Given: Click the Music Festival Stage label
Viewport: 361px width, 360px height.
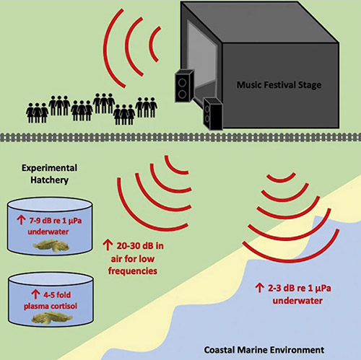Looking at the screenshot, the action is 279,85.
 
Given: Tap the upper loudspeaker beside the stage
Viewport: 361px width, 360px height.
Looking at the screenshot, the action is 184,85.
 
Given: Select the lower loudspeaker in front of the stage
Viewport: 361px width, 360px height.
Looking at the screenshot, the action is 212,113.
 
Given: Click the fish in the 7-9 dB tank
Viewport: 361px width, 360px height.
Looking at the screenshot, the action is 51,246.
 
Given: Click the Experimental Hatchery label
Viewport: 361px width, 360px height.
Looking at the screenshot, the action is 50,174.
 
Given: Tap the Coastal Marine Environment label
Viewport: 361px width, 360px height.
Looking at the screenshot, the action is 264,350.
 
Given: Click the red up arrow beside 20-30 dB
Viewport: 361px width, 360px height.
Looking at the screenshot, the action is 108,245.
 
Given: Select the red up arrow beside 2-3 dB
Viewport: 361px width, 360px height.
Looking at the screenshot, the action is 259,288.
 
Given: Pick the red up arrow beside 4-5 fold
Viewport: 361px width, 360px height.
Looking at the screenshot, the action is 35,294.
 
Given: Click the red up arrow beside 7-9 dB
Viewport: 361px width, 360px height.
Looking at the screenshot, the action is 21,219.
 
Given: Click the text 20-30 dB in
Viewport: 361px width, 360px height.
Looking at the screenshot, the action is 140,246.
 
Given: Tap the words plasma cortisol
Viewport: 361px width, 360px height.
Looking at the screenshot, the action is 51,306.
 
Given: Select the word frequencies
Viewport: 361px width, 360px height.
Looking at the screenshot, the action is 133,271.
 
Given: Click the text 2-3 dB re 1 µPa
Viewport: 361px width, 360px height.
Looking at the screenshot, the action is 300,288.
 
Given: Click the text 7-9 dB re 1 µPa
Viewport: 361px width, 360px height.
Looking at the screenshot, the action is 56,220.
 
